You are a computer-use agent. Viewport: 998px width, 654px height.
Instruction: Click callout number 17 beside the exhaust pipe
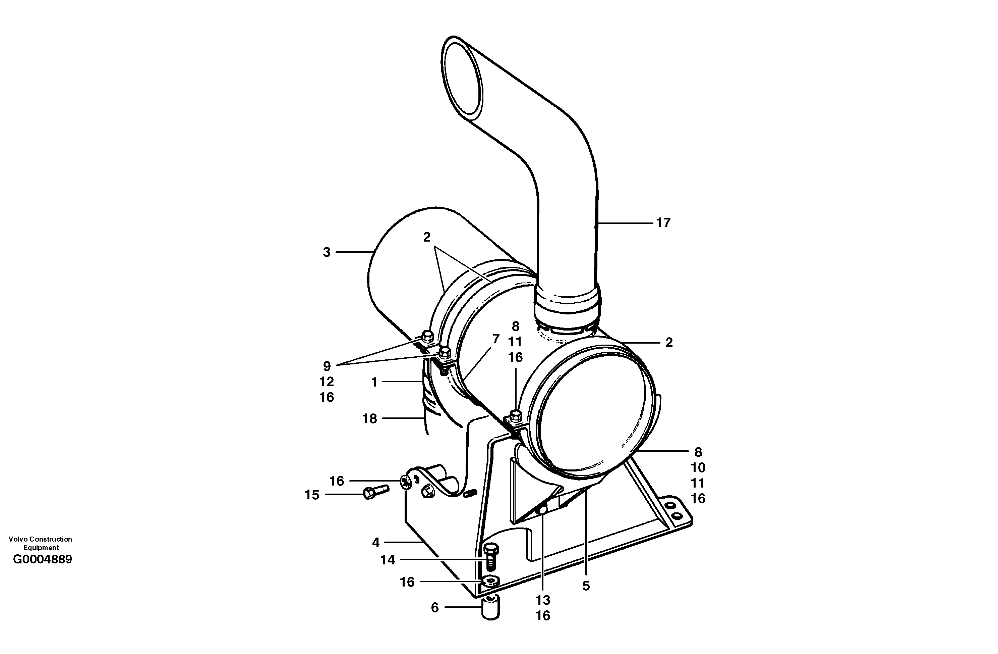pos(663,223)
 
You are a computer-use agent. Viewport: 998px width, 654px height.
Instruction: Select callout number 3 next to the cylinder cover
pos(326,252)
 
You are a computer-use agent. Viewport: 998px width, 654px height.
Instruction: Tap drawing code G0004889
pos(42,560)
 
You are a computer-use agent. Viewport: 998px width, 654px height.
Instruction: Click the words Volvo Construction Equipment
pos(40,543)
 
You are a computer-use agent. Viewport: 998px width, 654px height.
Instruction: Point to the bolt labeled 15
pos(375,492)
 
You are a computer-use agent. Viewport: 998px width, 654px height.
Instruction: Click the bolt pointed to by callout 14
pos(490,556)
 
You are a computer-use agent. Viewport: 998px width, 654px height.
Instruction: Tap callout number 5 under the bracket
pos(586,586)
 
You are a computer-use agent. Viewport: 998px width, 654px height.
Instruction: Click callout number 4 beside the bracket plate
pos(376,543)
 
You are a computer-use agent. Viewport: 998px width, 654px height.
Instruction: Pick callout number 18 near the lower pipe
pos(369,418)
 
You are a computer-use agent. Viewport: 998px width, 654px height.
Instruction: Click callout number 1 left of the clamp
pos(374,382)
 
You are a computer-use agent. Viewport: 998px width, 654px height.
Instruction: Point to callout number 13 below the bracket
pos(543,600)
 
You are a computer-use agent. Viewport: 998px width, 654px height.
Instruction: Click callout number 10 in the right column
pos(698,468)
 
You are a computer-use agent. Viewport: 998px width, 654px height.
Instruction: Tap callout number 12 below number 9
pos(326,382)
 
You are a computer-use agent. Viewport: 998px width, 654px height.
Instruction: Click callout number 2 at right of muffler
pos(669,343)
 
